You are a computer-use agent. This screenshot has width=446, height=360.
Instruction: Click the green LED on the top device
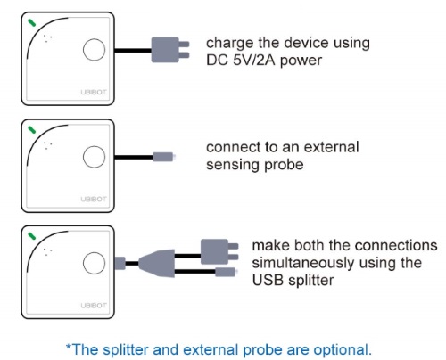(31, 23)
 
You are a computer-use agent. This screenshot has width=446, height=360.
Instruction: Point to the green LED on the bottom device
(31, 236)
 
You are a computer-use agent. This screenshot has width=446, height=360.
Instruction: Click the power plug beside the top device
(170, 50)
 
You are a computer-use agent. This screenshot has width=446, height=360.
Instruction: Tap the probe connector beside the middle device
(163, 157)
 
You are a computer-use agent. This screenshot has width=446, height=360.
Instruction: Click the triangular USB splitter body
(157, 263)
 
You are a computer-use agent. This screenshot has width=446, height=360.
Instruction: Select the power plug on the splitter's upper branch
(219, 251)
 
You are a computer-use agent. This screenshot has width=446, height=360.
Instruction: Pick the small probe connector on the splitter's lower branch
(226, 272)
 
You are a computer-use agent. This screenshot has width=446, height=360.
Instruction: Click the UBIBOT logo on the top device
(94, 93)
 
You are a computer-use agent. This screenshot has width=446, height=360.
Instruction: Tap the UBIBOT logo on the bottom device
(94, 306)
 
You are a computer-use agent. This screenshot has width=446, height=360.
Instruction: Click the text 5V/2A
(254, 61)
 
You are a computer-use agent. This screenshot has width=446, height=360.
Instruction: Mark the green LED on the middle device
(31, 130)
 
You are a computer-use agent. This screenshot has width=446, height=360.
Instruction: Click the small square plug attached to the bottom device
(120, 263)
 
